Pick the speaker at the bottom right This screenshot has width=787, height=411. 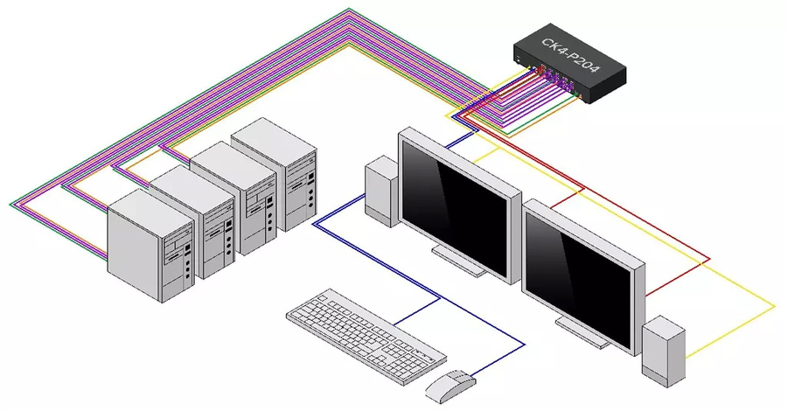[664, 349]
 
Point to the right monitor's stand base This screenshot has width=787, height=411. [582, 330]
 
